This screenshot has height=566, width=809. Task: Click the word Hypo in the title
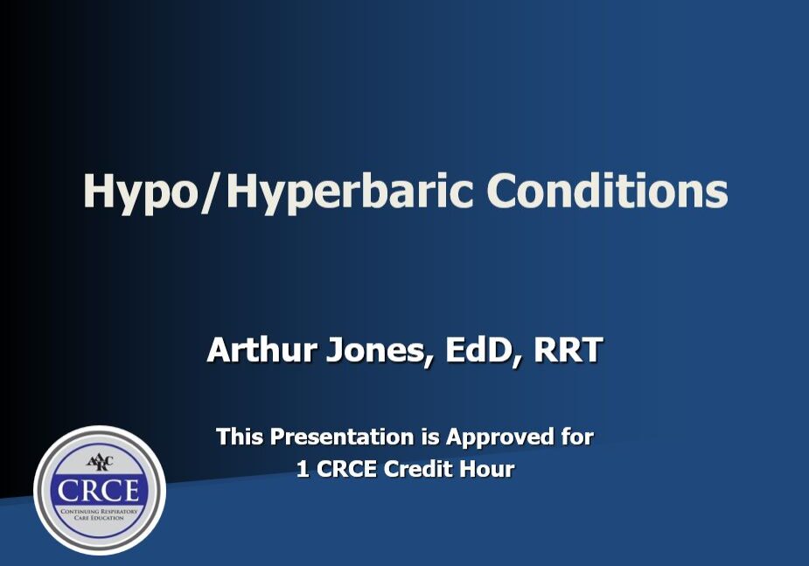pos(140,192)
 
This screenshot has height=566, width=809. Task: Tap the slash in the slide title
pos(212,192)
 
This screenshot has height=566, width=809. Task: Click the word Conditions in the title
pos(607,190)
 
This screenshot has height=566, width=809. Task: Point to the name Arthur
pos(262,349)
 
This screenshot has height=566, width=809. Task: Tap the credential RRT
pos(568,349)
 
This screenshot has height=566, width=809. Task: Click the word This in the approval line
pos(241,437)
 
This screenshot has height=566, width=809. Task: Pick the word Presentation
pos(343,437)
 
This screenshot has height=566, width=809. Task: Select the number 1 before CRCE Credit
pos(303,469)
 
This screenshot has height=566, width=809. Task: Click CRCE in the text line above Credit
pos(346,469)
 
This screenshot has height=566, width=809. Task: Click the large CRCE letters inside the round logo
pos(98,490)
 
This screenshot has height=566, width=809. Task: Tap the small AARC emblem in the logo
pos(99,461)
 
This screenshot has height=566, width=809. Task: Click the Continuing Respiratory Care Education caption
pos(99,514)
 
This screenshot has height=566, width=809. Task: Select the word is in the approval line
pos(430,437)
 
